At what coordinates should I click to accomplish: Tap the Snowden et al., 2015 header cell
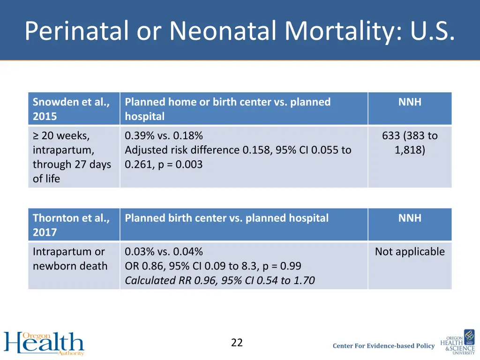tap(71, 109)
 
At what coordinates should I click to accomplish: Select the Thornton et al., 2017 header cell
tap(71, 225)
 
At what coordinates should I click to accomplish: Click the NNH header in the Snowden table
tap(410, 102)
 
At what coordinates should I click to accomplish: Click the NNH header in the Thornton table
tap(410, 218)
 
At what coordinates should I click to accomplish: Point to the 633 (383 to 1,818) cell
tap(410, 143)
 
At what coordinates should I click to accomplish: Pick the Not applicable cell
tap(410, 252)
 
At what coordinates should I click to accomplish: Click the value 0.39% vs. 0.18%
tap(164, 136)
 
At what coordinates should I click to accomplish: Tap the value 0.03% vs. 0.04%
tap(164, 252)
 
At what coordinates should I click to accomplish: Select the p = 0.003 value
tap(180, 165)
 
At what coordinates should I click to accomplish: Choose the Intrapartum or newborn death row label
tap(70, 259)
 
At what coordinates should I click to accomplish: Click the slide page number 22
tap(237, 343)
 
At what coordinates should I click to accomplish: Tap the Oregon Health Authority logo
tap(44, 343)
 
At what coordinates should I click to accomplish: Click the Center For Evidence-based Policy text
tap(383, 346)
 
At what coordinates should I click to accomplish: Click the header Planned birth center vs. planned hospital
tap(226, 218)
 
